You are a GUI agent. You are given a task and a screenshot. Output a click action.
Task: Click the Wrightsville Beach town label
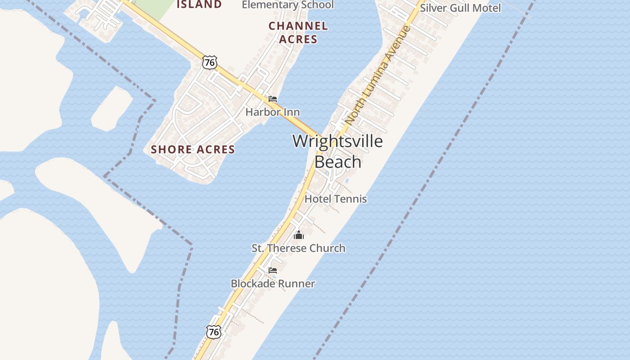337,151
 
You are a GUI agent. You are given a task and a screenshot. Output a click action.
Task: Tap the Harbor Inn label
272,112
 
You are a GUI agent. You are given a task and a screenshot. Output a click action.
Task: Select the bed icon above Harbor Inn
272,99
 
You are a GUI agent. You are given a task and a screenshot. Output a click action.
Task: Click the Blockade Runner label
273,283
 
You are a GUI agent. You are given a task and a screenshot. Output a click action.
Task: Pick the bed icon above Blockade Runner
272,270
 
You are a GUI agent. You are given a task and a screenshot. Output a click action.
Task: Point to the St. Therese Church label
298,248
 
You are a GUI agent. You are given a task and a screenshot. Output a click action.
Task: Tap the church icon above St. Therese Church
299,234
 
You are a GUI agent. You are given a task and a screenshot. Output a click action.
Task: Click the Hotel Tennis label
336,198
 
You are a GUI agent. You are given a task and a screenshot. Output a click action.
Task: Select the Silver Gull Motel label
460,8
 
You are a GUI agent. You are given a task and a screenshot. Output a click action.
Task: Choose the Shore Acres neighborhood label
193,149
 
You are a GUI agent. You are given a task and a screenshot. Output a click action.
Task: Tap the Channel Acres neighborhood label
298,32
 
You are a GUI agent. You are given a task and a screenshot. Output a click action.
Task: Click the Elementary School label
288,5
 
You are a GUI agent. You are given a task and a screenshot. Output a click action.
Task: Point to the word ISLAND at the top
199,4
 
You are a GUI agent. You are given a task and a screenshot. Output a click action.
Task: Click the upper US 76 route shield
209,62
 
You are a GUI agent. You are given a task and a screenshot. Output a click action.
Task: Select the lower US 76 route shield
214,332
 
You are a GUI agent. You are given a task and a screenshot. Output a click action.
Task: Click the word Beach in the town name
337,162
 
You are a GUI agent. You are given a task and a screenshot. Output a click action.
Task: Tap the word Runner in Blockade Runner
296,283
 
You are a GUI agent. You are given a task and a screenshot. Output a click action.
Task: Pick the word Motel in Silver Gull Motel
486,8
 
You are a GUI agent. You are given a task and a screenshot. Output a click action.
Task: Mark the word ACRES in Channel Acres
298,39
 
